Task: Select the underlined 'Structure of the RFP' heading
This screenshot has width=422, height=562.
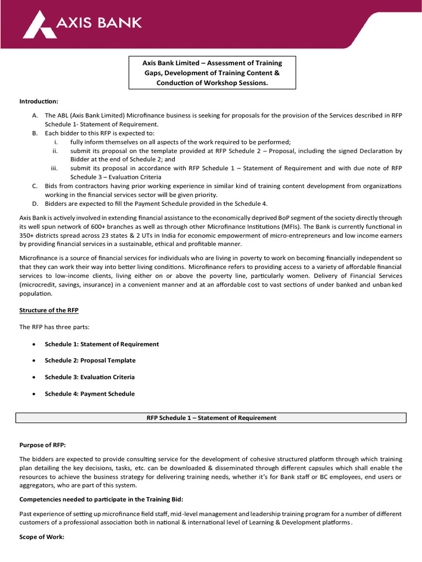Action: [49, 310]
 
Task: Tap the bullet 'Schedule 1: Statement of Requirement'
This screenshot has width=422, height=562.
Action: [102, 344]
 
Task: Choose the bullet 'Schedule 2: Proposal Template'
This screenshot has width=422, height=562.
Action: [90, 361]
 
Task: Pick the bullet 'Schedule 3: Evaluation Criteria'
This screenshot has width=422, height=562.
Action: [90, 377]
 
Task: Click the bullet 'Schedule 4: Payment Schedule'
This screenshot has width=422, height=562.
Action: [90, 394]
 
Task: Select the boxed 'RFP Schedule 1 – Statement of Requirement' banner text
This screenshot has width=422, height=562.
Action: [211, 418]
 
